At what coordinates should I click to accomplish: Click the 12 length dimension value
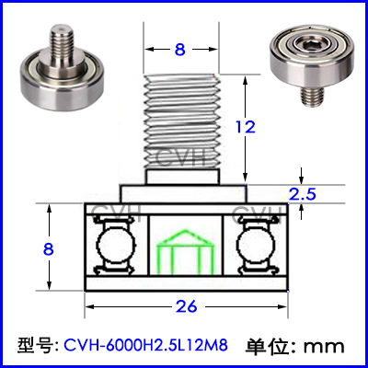pyautogui.click(x=246, y=127)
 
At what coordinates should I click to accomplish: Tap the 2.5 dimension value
pyautogui.click(x=303, y=194)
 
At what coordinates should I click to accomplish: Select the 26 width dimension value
pyautogui.click(x=187, y=306)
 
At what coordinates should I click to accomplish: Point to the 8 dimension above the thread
pyautogui.click(x=180, y=49)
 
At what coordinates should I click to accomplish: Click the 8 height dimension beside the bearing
pyautogui.click(x=49, y=249)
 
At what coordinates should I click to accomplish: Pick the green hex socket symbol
pyautogui.click(x=185, y=251)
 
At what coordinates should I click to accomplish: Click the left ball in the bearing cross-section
pyautogui.click(x=116, y=245)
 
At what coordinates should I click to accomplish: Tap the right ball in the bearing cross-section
pyautogui.click(x=257, y=245)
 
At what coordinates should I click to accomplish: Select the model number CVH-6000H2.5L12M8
pyautogui.click(x=146, y=345)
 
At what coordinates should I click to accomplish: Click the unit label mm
pyautogui.click(x=324, y=347)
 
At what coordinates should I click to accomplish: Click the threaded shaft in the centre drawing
pyautogui.click(x=182, y=121)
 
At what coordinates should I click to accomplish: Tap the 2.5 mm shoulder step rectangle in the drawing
pyautogui.click(x=183, y=193)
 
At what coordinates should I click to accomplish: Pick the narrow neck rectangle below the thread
pyautogui.click(x=183, y=177)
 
